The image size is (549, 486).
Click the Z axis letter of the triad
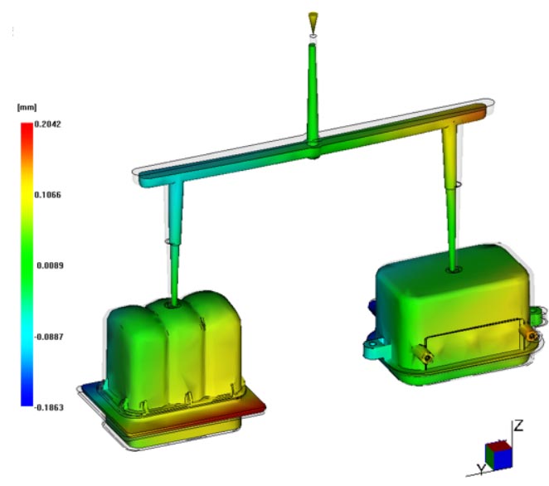(x=518, y=426)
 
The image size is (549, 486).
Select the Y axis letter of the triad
(x=481, y=469)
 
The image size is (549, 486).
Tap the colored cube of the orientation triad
(x=499, y=454)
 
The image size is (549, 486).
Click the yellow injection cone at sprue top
(x=312, y=18)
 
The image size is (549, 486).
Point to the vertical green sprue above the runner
(x=312, y=91)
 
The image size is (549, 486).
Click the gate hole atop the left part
(x=173, y=304)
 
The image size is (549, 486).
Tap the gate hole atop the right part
(x=453, y=269)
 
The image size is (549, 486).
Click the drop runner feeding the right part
(x=451, y=199)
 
